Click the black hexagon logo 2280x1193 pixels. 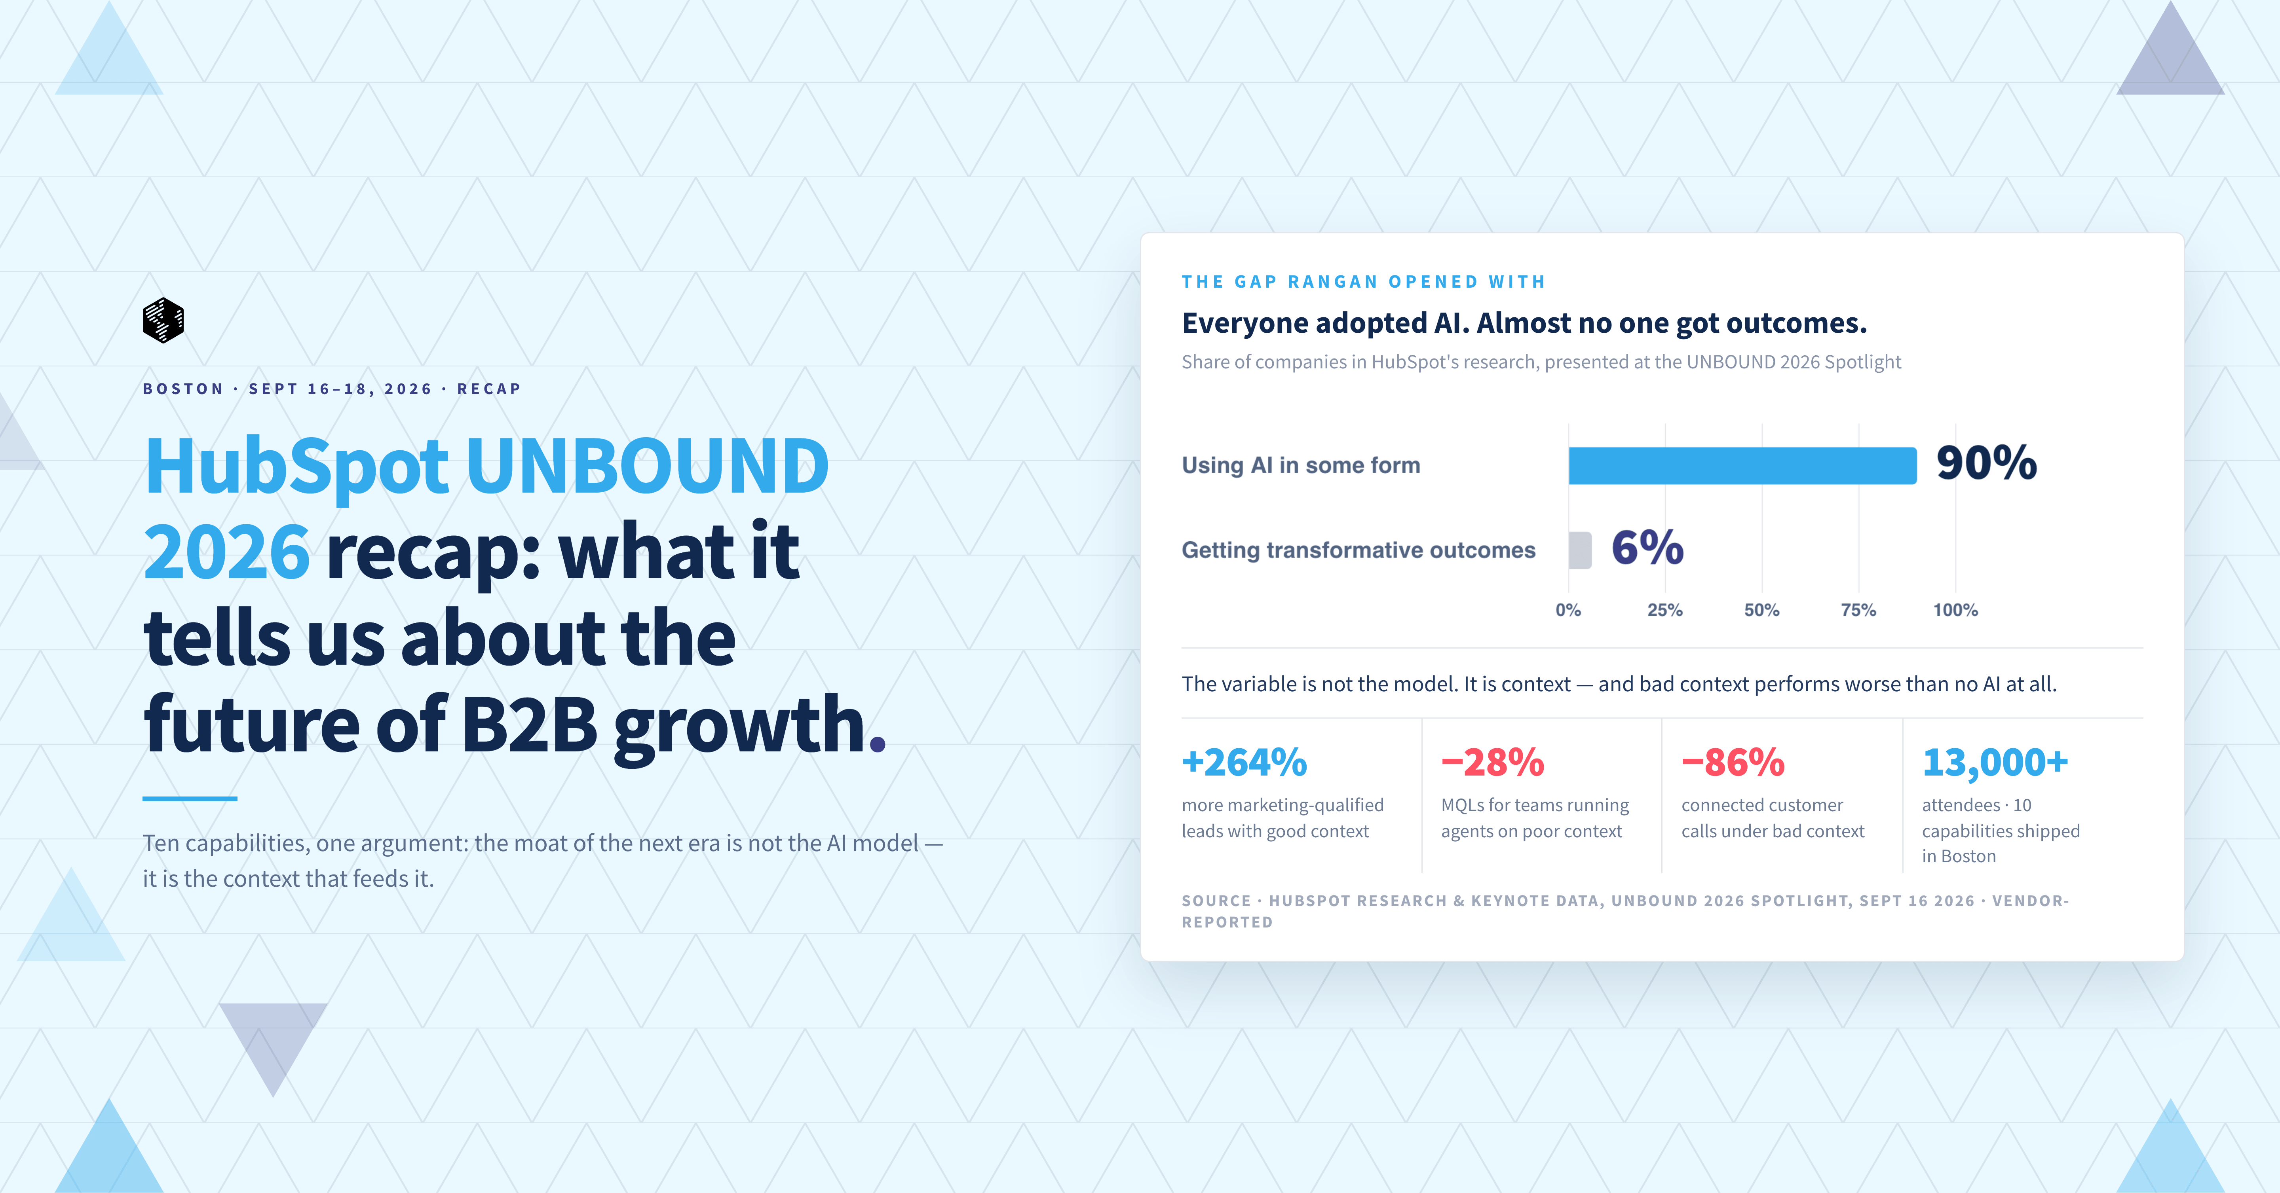pos(163,319)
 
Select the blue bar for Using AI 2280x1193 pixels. pos(1742,465)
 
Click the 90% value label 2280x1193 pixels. pos(1986,463)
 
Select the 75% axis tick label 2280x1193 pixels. pos(1858,610)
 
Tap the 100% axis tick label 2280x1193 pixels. pos(1955,610)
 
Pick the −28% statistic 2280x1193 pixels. pos(1492,762)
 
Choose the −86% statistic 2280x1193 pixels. pos(1733,762)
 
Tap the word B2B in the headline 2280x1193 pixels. pos(529,724)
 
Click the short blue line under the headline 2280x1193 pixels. pos(190,798)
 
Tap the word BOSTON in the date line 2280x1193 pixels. pos(183,389)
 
